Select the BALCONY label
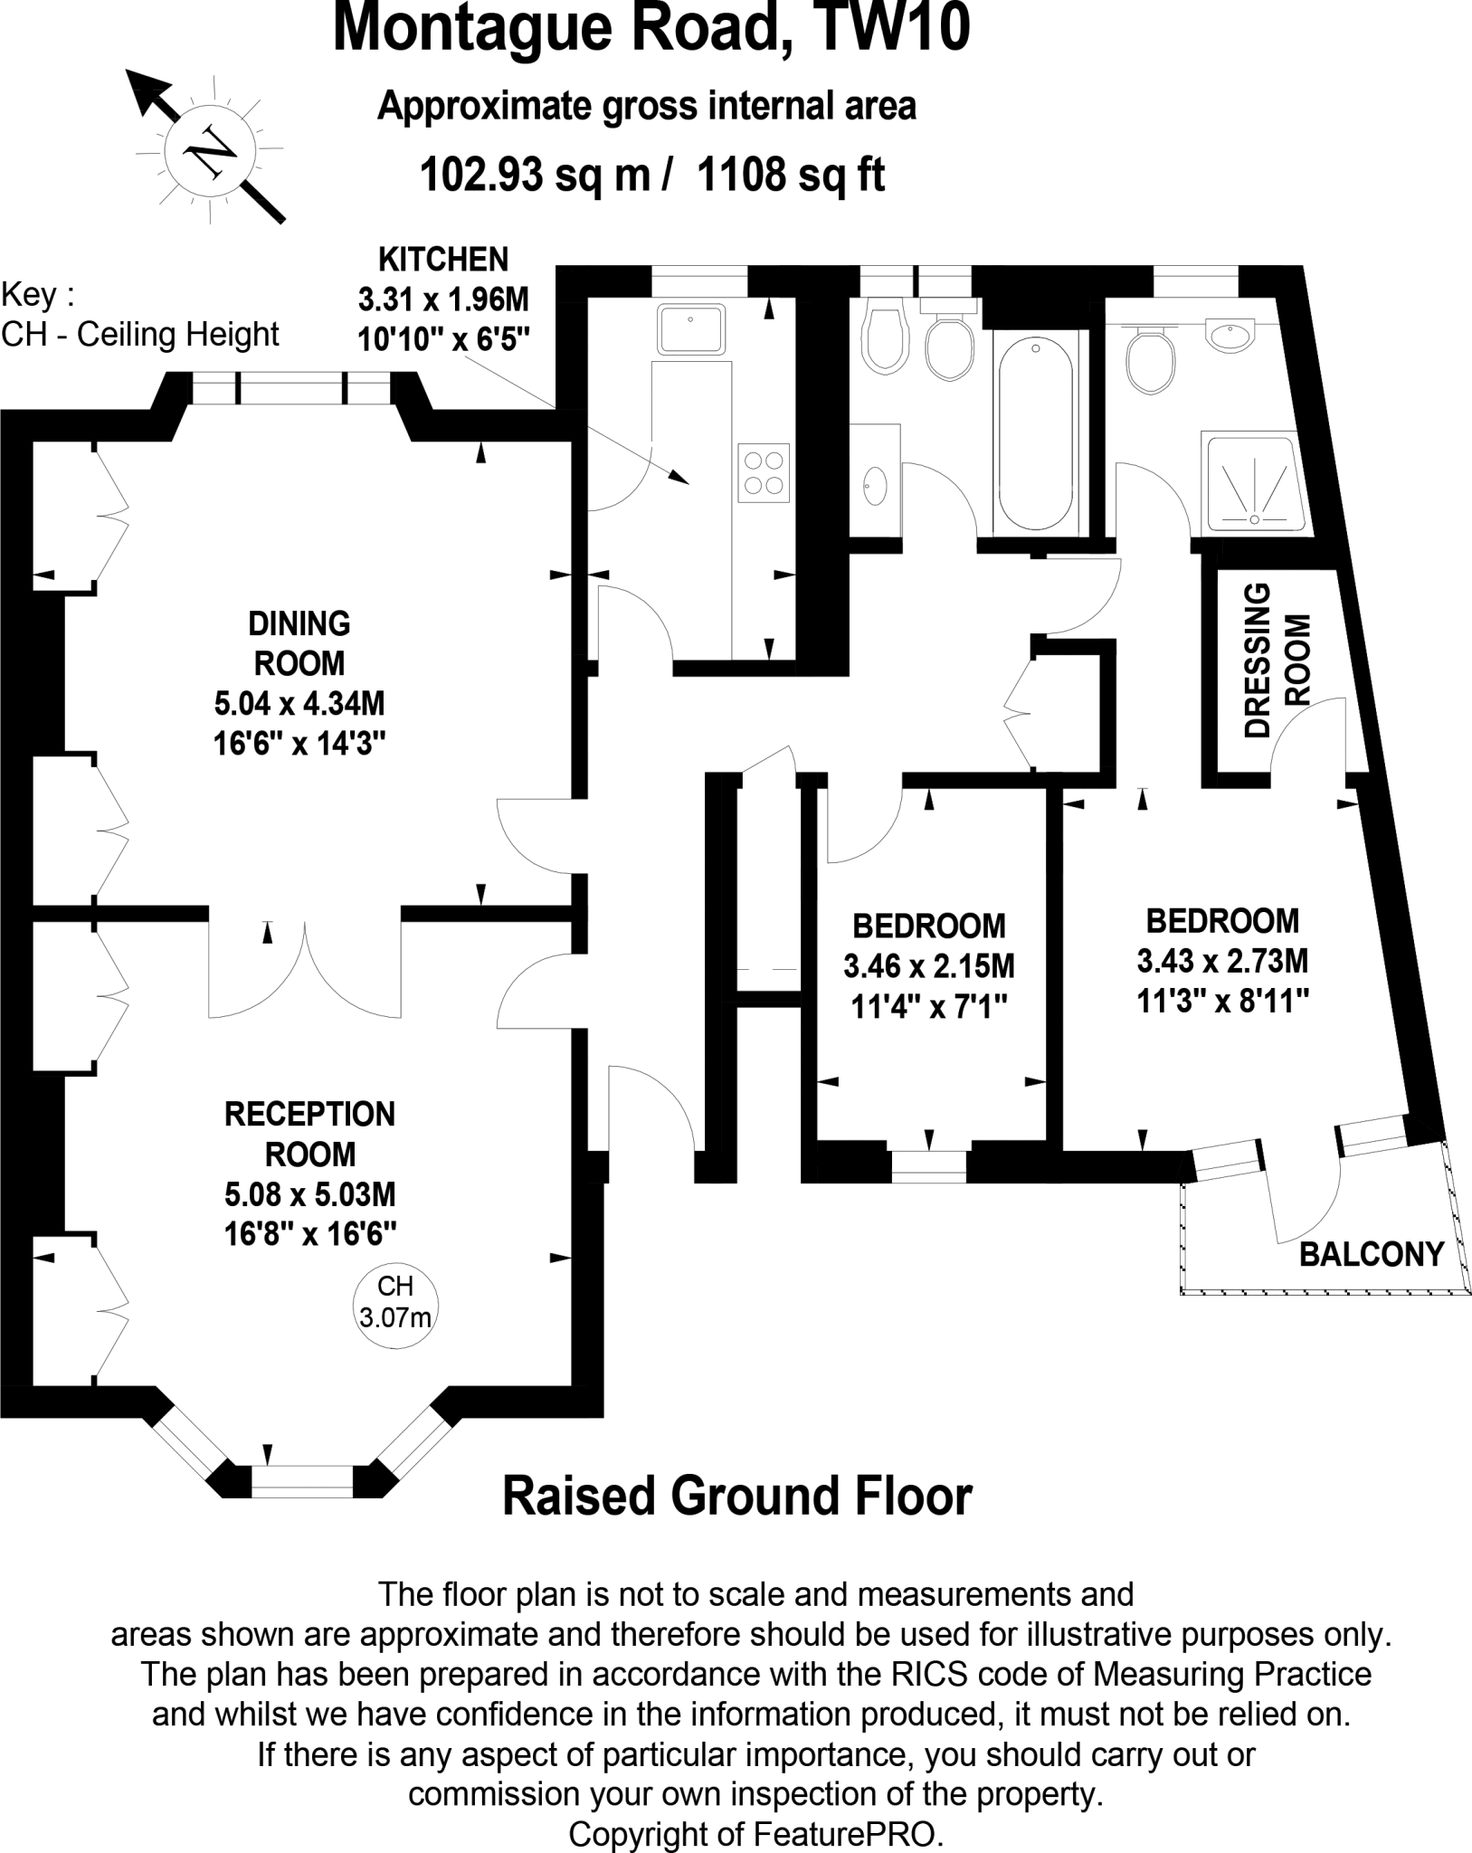[x=1372, y=1254]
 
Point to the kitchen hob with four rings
[x=764, y=472]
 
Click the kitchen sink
[x=691, y=329]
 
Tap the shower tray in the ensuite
[x=1254, y=483]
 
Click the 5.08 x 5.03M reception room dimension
[x=310, y=1194]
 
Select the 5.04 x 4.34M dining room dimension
[x=299, y=703]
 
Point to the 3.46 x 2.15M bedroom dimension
[x=929, y=966]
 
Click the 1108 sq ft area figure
[x=791, y=174]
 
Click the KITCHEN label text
[x=443, y=260]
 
